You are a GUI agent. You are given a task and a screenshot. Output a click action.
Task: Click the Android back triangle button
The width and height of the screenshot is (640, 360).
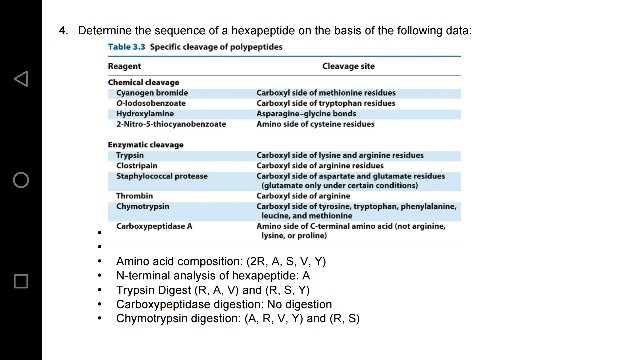(x=20, y=78)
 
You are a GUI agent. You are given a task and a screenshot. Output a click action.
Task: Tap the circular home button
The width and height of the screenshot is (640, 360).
(x=20, y=180)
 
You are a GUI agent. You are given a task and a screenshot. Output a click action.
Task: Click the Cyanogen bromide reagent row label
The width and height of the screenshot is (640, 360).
(x=151, y=92)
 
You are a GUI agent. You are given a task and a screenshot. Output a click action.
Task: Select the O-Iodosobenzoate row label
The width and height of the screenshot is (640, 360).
(x=151, y=100)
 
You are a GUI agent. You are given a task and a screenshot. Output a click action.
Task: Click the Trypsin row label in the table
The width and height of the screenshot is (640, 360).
(x=130, y=155)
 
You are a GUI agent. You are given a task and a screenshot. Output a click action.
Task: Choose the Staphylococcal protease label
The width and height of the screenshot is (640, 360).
(x=161, y=176)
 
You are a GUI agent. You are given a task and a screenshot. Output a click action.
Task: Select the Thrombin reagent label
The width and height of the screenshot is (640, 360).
(x=133, y=195)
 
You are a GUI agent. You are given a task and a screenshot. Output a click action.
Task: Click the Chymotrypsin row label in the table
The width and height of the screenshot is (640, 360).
(x=142, y=205)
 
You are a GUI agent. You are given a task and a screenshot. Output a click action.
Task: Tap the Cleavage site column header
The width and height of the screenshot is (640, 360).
(x=348, y=66)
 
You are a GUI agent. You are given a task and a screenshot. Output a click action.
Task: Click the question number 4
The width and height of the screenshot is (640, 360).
(x=62, y=31)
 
